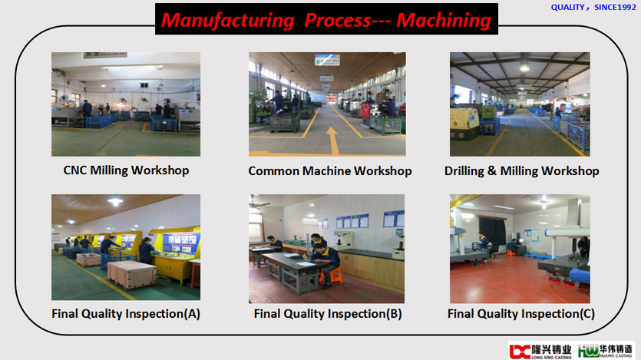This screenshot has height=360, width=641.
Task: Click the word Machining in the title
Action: [444, 20]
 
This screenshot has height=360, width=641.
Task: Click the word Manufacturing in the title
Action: [227, 20]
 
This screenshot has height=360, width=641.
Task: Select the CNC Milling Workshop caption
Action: [126, 170]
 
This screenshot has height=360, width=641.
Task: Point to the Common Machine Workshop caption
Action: [330, 171]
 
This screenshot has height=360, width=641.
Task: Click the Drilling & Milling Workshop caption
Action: [522, 171]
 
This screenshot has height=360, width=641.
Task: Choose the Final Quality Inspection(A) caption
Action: [126, 313]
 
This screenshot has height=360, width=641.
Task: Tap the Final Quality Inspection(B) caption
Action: [328, 313]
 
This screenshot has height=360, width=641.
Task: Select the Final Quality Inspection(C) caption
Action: [521, 313]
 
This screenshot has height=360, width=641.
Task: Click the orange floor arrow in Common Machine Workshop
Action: [332, 140]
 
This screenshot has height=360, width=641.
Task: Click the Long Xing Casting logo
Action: [540, 351]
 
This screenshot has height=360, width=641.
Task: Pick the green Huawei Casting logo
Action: [606, 351]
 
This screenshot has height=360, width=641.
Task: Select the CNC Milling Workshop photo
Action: [126, 104]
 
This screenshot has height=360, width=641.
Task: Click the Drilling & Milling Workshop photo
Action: [520, 104]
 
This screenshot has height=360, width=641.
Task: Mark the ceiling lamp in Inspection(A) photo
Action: [115, 200]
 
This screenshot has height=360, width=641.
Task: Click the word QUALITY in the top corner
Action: [567, 8]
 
